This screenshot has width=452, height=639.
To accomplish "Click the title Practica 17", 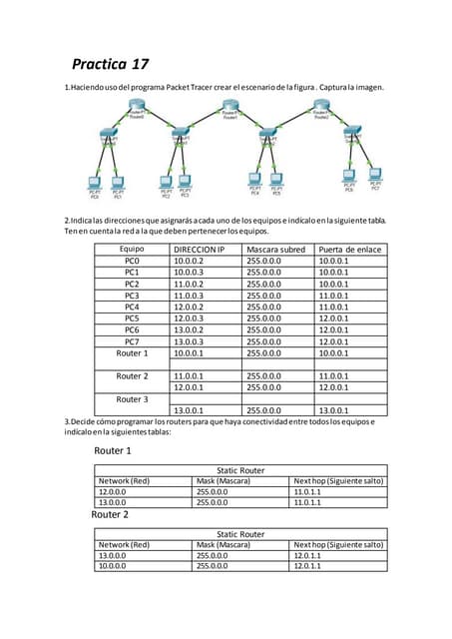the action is [x=110, y=64].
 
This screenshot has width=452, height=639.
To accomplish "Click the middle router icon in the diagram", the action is [x=230, y=107].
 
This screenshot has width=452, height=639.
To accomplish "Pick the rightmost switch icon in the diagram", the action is [x=353, y=135].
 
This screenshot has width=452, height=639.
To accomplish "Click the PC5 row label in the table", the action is [x=132, y=319].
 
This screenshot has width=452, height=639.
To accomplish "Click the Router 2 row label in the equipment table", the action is [x=132, y=376].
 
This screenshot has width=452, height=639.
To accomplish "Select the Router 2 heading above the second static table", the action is [x=110, y=515].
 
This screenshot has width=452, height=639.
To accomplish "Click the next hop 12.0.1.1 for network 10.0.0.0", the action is [x=307, y=566].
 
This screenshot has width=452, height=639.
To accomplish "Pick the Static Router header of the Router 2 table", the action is [x=239, y=534].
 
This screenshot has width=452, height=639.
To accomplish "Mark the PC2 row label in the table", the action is [x=132, y=284].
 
